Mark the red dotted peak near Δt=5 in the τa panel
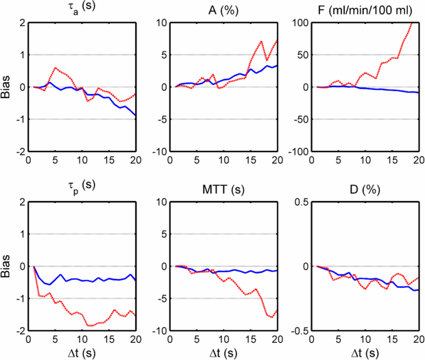click(56, 67)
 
